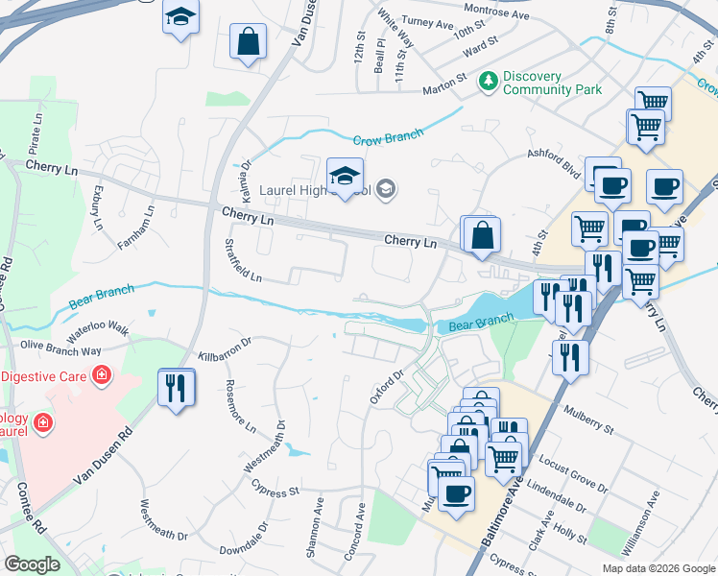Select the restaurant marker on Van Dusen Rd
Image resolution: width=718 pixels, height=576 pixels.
[x=176, y=388]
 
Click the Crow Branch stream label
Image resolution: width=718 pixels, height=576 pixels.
[x=389, y=138]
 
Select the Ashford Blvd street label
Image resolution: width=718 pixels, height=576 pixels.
[x=553, y=161]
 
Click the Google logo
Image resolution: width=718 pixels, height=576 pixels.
[x=32, y=564]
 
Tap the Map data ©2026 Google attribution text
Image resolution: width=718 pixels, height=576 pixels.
[x=658, y=568]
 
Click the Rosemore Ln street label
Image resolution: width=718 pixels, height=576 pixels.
[x=240, y=405]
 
